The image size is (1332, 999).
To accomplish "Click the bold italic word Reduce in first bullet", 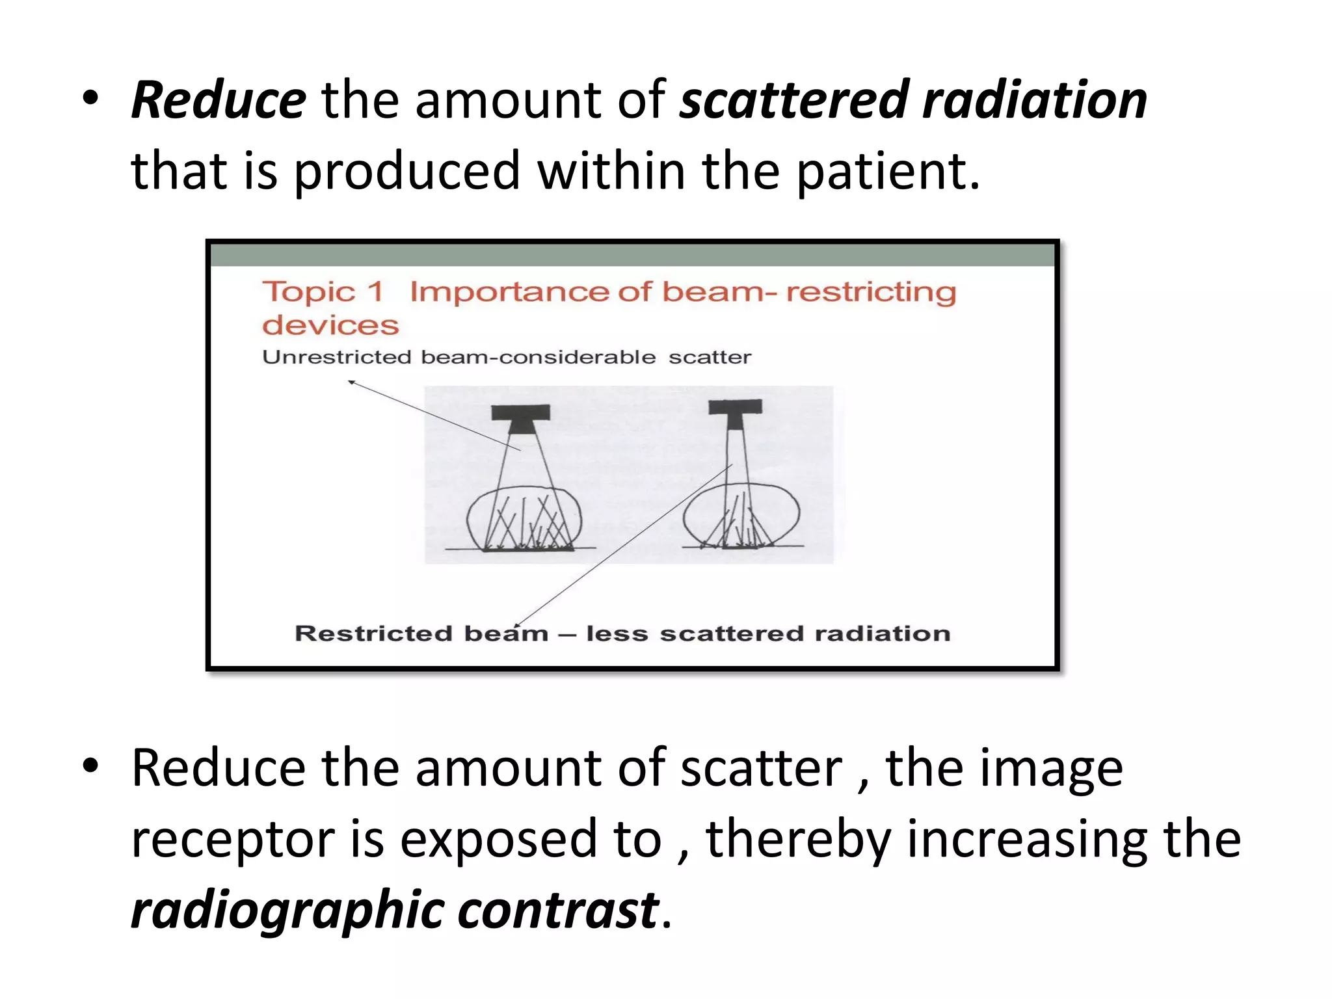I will tap(219, 101).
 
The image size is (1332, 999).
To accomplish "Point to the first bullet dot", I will tap(90, 99).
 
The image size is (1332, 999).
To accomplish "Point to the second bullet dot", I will tap(90, 766).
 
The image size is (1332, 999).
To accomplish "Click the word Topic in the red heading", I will tap(308, 292).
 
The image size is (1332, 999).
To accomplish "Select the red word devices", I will tap(330, 325).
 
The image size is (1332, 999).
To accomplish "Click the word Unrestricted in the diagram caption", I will tap(336, 357).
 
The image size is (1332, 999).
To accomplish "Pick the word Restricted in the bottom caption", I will tap(373, 633).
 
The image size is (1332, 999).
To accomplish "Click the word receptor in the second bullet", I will tap(232, 840).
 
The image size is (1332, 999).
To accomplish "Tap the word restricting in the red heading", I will tap(871, 292).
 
